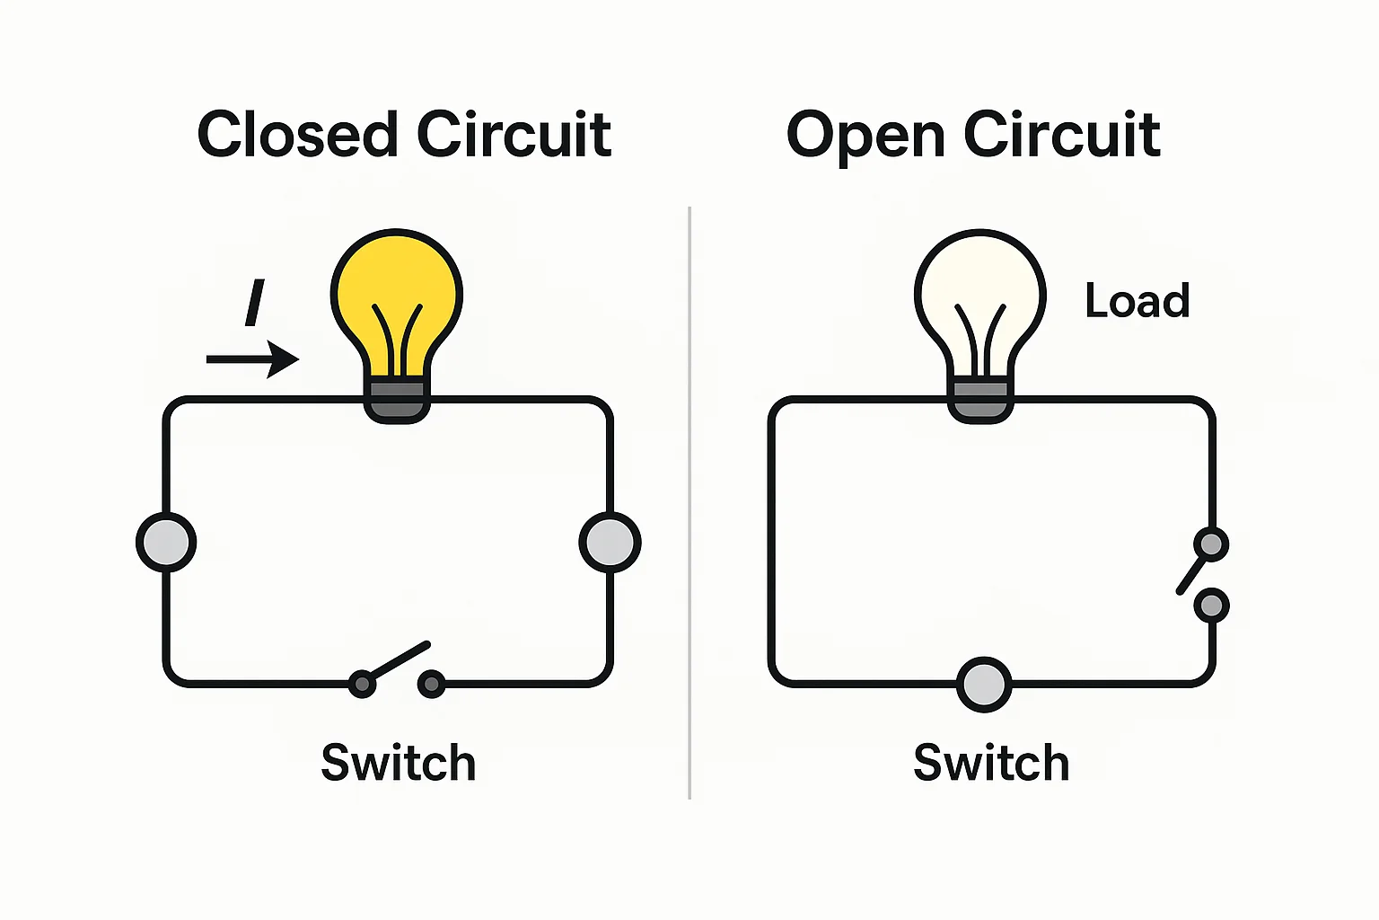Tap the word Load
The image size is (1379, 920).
point(1137,301)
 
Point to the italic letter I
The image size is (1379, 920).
point(255,303)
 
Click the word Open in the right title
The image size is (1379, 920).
point(865,137)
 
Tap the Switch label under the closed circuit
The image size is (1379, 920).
point(398,763)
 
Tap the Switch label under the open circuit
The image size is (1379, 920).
point(991,763)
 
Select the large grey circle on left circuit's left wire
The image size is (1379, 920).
point(166,543)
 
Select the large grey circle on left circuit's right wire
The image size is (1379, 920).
point(610,543)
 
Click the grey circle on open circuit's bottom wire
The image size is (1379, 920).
point(984,685)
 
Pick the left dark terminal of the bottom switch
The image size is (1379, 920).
point(362,685)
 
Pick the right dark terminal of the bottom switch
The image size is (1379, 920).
point(432,685)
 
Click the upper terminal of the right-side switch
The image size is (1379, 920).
point(1211,544)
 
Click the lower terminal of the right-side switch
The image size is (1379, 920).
point(1211,606)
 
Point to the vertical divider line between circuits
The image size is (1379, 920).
point(689,503)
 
